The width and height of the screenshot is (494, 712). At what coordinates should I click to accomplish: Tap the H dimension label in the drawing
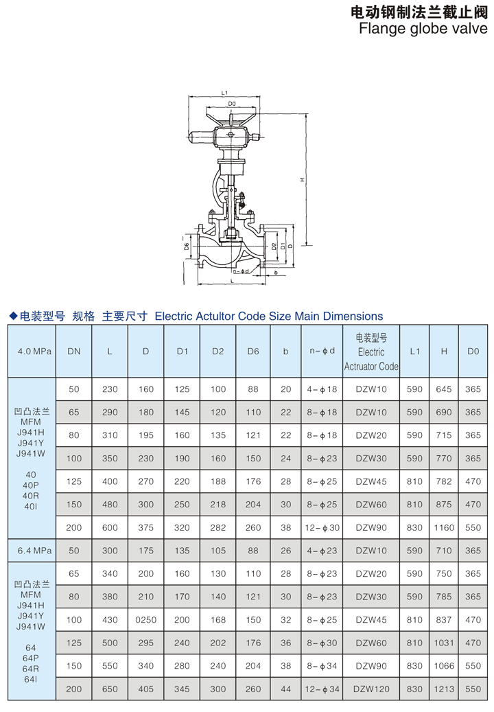click(302, 180)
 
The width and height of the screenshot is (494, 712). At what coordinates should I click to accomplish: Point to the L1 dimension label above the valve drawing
click(224, 92)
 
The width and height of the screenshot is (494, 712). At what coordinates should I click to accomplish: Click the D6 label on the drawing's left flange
click(187, 246)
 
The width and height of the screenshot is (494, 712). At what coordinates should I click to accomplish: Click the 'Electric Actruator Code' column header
click(371, 352)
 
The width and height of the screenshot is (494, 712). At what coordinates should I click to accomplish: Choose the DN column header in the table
click(74, 351)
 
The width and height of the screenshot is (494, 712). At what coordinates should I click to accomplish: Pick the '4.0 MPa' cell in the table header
click(32, 351)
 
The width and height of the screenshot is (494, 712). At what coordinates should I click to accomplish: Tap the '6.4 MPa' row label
click(32, 551)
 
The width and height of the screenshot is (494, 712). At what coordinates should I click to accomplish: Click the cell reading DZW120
click(371, 689)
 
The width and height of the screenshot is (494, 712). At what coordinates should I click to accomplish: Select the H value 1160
click(444, 527)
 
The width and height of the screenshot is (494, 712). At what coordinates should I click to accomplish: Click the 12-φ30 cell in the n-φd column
click(322, 527)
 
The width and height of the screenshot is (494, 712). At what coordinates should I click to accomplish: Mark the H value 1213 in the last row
click(444, 689)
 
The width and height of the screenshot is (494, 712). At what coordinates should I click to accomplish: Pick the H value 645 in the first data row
click(444, 389)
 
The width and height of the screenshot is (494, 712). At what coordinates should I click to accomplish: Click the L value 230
click(110, 389)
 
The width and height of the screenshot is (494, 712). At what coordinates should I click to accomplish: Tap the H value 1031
click(444, 643)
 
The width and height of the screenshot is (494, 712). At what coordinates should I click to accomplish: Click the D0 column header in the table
click(473, 351)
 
